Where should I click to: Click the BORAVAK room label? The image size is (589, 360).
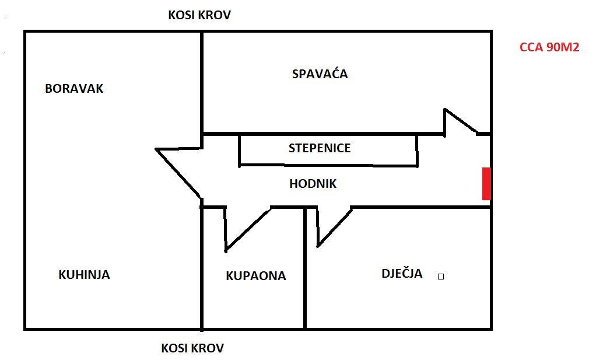click(74, 89)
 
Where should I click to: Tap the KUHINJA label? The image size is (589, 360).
click(84, 274)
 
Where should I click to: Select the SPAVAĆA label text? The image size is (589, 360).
click(320, 74)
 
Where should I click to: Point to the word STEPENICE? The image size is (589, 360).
click(320, 148)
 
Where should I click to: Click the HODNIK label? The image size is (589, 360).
click(313, 184)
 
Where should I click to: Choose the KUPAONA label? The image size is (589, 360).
click(255, 276)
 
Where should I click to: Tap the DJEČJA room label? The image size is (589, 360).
click(402, 273)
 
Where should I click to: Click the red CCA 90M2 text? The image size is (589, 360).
click(549, 48)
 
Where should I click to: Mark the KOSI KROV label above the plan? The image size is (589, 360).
click(199, 15)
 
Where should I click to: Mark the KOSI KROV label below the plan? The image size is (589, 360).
click(192, 348)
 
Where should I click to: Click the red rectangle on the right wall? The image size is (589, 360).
click(486, 183)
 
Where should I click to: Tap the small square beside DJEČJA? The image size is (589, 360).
click(441, 277)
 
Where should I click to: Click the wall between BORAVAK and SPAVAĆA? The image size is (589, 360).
click(202, 82)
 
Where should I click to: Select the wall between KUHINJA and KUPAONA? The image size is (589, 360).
click(202, 268)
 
